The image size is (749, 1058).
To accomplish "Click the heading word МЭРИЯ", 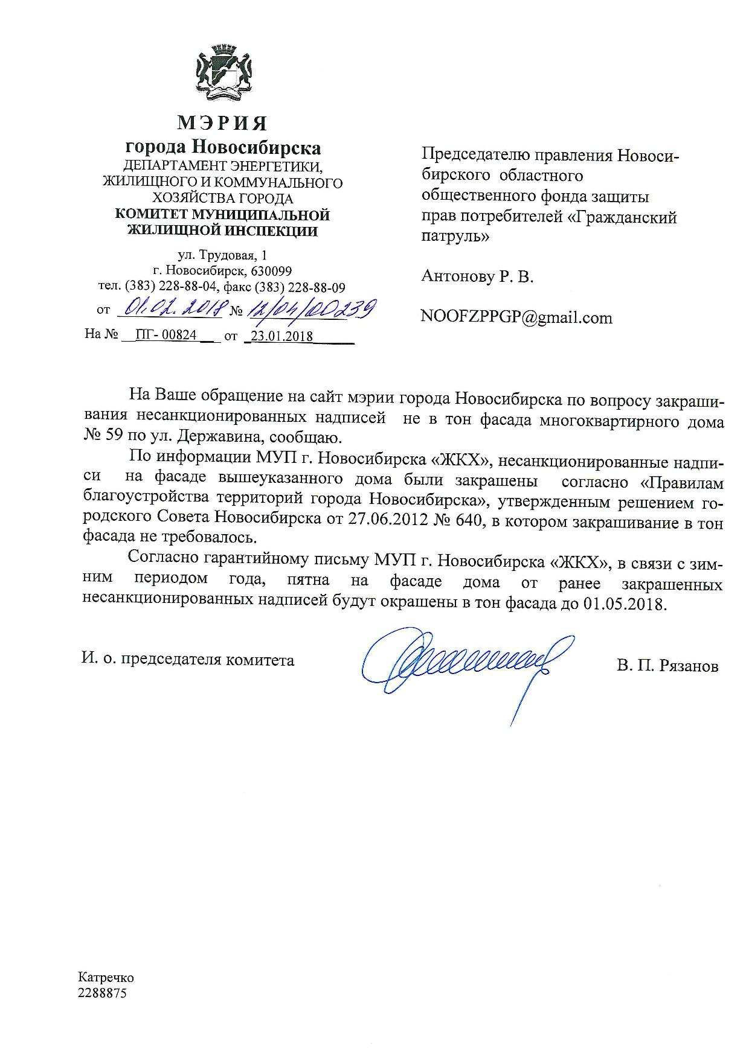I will point(222,123).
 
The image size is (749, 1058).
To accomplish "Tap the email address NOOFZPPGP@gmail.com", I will point(516,318).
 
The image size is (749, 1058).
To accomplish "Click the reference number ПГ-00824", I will point(166,335).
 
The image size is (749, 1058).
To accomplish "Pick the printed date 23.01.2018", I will point(281,336).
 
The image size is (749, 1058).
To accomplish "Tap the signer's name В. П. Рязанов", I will point(667,666).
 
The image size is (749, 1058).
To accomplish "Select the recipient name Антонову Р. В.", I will point(477,277).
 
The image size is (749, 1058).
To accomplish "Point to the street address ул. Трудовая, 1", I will point(222,255).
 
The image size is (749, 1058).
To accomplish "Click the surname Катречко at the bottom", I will point(106,978).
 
